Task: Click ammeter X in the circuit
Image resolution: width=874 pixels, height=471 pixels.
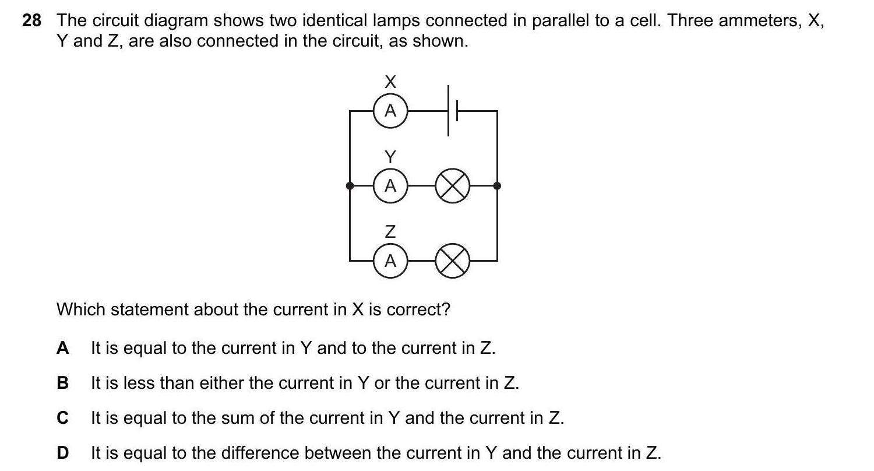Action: [390, 110]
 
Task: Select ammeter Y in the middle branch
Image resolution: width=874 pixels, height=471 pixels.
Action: [390, 186]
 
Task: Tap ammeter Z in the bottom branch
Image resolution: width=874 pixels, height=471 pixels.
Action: [390, 261]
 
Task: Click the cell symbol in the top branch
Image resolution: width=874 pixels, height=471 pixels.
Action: [453, 110]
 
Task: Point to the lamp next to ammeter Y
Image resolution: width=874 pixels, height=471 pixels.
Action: [453, 186]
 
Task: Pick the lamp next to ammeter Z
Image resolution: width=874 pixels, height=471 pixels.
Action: [453, 261]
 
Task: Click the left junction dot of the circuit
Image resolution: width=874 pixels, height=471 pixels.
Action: [350, 186]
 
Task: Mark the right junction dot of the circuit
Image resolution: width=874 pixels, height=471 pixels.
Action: [497, 186]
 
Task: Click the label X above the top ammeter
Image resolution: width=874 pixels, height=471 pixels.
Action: [390, 82]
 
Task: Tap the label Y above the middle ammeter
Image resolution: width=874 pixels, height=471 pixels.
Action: [390, 157]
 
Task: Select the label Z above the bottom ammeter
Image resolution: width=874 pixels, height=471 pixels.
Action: [390, 232]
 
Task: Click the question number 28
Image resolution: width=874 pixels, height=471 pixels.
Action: [32, 21]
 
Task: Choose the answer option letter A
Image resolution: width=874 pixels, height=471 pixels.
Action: [63, 349]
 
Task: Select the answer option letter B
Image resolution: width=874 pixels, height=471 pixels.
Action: [63, 384]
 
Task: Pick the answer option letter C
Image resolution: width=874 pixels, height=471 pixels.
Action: [63, 419]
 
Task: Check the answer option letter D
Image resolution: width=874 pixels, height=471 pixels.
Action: [63, 453]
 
